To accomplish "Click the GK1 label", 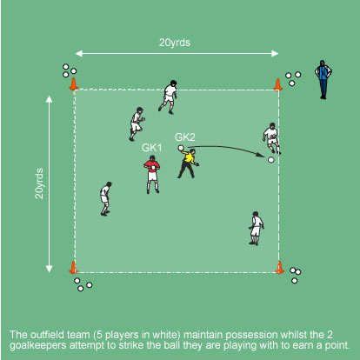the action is (x=151, y=148).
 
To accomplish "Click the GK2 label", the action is (x=185, y=137).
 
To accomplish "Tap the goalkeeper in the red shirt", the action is (x=152, y=175).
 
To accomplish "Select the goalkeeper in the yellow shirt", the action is (x=188, y=163).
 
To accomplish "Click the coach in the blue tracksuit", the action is (x=323, y=80).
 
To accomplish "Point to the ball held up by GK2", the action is (x=181, y=148).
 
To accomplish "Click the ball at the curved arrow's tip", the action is (x=271, y=160).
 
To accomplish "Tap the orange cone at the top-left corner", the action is (x=74, y=83).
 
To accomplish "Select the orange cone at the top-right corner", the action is (x=277, y=84).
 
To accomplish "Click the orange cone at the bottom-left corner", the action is (x=73, y=267).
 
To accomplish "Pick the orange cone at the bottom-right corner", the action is (x=279, y=267).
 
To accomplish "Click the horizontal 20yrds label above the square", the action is (x=175, y=43).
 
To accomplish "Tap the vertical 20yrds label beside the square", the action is (x=39, y=183).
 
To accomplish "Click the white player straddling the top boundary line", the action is (x=169, y=97).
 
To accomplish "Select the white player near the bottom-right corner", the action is (x=256, y=229).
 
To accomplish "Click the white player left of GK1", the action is (x=105, y=199).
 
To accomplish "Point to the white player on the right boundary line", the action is (x=271, y=138).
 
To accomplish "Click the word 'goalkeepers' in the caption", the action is (x=38, y=346).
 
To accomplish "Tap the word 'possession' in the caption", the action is (x=251, y=335).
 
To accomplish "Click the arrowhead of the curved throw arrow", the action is (x=261, y=155).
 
